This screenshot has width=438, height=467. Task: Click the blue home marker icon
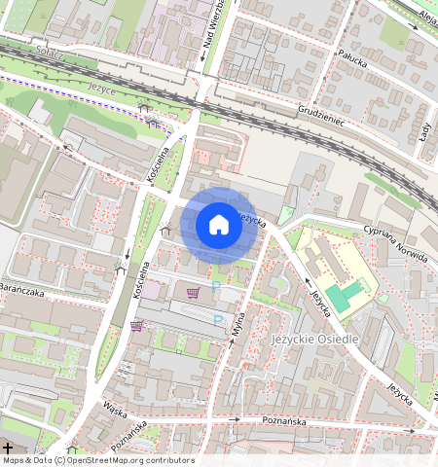pos(219,226)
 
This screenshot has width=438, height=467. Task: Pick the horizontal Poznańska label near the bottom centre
pos(285,421)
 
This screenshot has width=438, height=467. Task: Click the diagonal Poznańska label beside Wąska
pos(128,433)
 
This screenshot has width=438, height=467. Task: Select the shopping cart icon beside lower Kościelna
pos(136,326)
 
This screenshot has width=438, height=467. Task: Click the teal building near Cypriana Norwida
pos(342,296)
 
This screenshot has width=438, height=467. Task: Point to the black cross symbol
pos(8,448)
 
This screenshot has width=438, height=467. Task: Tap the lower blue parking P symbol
pos(218,318)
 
